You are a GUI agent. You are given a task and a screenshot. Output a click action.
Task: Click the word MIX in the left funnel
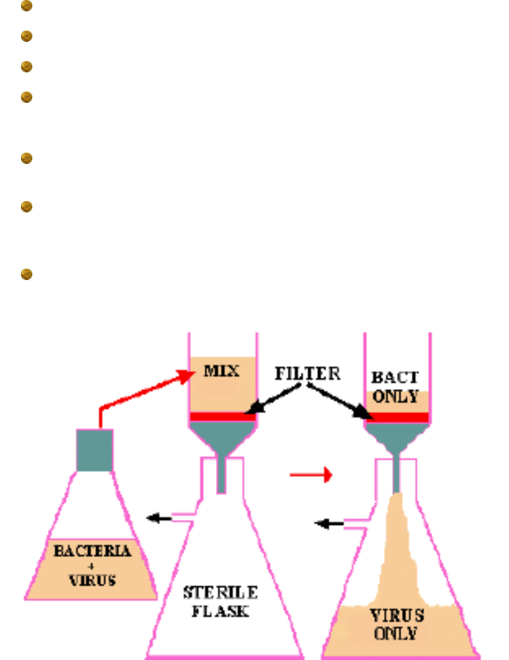(221, 371)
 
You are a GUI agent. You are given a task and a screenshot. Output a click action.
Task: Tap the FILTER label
(307, 374)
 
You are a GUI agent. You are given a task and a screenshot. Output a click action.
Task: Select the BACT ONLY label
(395, 387)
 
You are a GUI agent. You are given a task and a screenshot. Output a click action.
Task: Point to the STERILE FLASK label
(220, 603)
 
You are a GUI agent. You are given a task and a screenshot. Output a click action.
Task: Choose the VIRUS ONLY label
(395, 623)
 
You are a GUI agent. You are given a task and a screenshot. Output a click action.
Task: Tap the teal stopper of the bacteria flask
(95, 450)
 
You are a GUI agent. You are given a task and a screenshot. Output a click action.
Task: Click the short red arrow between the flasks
(310, 475)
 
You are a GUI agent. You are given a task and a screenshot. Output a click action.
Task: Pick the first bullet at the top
(26, 7)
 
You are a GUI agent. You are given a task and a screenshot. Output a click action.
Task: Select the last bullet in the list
(26, 275)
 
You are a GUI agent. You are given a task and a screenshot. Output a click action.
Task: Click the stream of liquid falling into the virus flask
(397, 545)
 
